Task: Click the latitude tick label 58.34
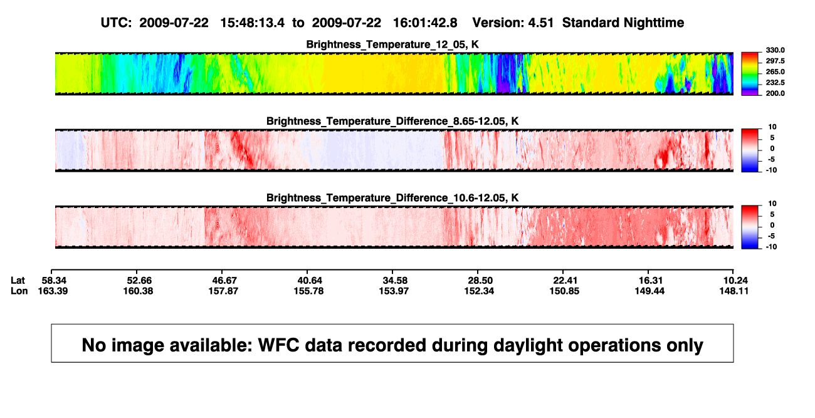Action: [54, 281]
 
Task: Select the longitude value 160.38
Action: [138, 291]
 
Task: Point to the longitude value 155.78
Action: [308, 291]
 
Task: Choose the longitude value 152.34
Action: [479, 291]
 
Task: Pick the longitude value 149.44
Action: [649, 291]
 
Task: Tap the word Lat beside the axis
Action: [18, 281]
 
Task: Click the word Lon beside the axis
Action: [19, 291]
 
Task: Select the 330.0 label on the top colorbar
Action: [775, 50]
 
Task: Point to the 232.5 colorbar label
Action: [775, 83]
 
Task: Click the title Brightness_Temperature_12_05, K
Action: [392, 44]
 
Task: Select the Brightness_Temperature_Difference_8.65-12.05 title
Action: [392, 121]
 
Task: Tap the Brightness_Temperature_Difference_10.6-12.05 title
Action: [392, 198]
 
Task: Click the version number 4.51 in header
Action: [541, 23]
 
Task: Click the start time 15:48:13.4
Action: [253, 23]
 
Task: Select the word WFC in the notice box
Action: [279, 345]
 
